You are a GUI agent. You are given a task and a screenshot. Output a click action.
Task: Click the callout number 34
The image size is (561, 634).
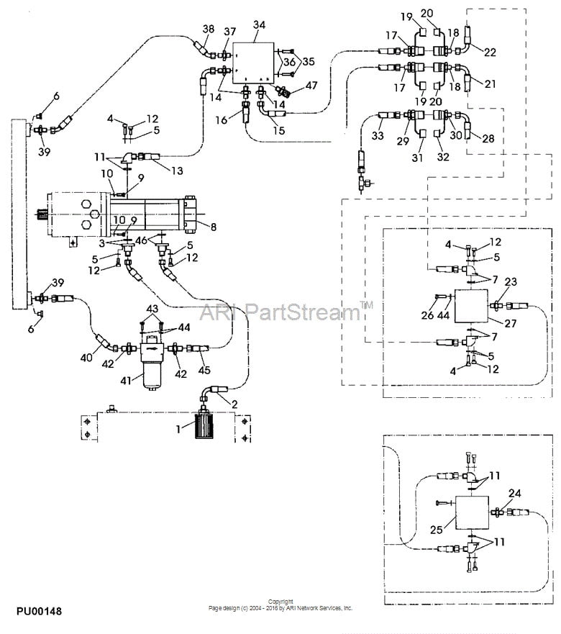[x=259, y=25]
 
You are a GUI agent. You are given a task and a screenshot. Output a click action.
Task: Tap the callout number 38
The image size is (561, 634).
[x=208, y=30]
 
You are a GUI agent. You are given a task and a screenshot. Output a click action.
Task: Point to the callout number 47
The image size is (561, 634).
[x=311, y=86]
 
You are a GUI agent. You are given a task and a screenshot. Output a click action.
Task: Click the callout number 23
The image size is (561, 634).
[x=511, y=282]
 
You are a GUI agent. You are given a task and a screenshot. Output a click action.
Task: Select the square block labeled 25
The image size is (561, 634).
[x=470, y=514]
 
